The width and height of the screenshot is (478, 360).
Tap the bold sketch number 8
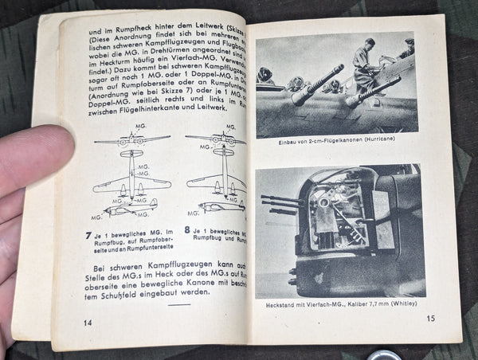186,231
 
